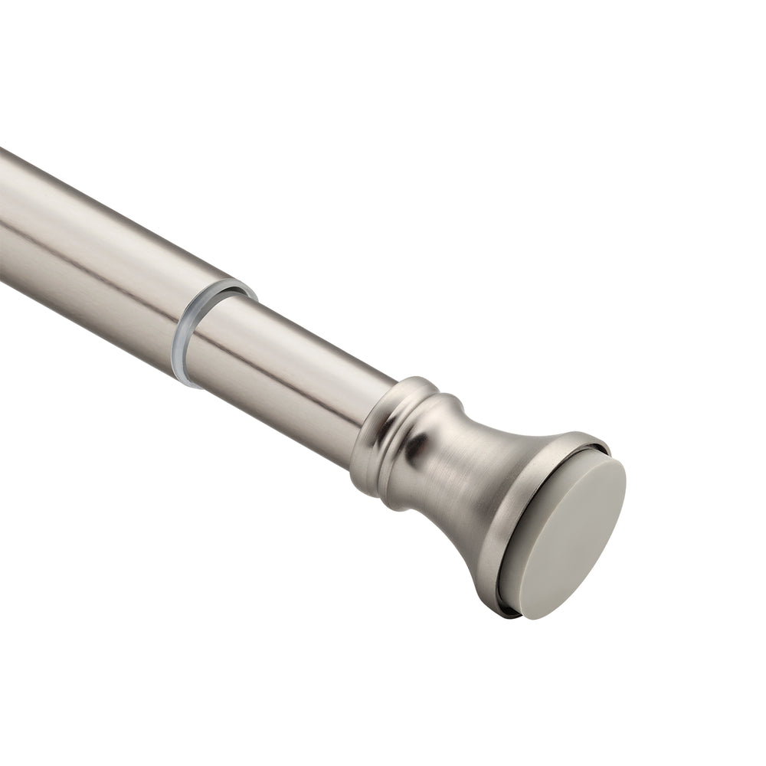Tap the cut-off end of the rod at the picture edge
3,214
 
